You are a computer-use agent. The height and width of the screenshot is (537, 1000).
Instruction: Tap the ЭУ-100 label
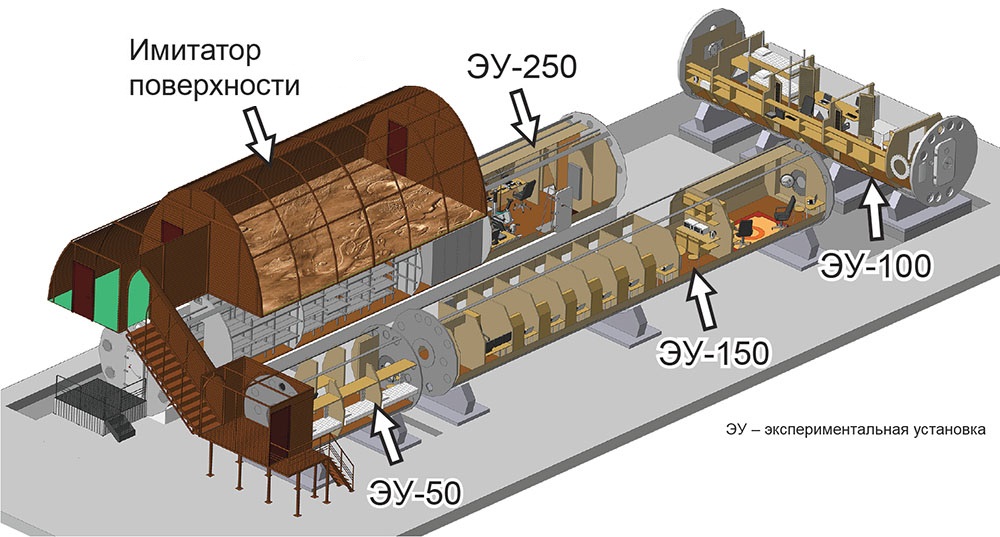(876, 266)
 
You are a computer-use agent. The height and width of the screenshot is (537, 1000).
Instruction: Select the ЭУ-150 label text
(714, 353)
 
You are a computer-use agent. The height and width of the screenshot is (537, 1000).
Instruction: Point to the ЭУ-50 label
(415, 492)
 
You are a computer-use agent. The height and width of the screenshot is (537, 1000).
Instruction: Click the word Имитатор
(195, 51)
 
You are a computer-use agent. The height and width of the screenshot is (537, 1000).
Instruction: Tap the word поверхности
(214, 85)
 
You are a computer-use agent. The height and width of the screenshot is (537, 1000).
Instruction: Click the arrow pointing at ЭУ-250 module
(527, 115)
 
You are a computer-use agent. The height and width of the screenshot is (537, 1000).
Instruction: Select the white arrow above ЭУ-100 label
(874, 214)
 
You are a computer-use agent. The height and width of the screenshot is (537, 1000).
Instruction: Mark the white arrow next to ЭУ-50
(388, 435)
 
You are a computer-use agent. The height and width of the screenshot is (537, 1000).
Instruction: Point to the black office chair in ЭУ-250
(525, 195)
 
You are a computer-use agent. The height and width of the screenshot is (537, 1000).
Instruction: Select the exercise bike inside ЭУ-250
(499, 223)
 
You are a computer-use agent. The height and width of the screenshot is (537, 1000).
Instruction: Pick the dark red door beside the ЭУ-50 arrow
(279, 430)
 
